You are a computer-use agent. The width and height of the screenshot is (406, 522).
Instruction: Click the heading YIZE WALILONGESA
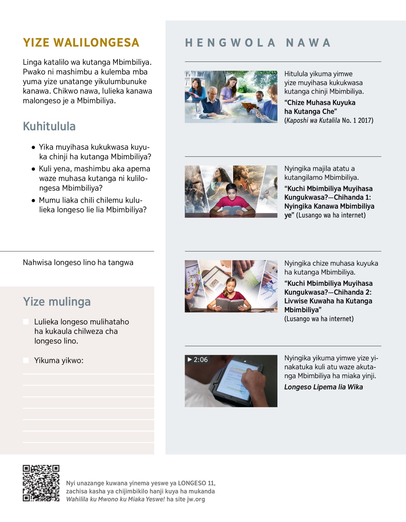tap(81, 43)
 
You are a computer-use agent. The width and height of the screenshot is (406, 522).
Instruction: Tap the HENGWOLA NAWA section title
tap(258, 43)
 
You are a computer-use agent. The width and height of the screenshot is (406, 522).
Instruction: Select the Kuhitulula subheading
tap(49, 126)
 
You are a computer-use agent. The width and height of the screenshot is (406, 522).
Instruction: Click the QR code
tap(41, 483)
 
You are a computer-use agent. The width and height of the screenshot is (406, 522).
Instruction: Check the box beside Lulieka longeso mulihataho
tap(26, 321)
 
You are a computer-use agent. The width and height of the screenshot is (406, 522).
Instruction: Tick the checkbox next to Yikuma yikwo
tap(26, 360)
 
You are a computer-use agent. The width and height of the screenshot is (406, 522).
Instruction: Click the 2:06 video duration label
tap(201, 360)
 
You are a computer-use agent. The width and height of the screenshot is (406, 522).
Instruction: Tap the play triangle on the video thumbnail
tap(190, 360)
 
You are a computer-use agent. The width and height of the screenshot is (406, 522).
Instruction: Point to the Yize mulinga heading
tap(57, 301)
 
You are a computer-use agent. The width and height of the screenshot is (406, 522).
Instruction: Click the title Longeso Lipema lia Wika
tap(323, 387)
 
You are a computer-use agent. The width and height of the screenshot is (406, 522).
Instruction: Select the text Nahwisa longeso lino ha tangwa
tap(78, 263)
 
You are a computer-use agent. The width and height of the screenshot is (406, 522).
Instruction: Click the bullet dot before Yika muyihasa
tap(33, 147)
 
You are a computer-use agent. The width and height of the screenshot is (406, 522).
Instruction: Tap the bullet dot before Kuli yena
tap(33, 169)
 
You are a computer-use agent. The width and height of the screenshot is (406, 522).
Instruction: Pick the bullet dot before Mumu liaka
tap(33, 201)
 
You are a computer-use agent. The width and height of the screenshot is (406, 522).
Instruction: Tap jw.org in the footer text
tap(196, 499)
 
